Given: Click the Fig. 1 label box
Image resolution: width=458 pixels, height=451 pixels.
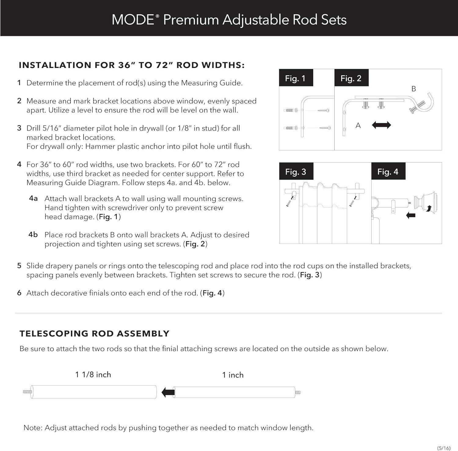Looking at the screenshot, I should [295, 78].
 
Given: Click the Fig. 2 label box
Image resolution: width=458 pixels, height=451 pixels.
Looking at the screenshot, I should [351, 78].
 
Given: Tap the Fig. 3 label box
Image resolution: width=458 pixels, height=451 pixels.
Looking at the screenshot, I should [296, 171].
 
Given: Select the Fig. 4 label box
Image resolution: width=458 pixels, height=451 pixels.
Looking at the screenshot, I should [388, 171].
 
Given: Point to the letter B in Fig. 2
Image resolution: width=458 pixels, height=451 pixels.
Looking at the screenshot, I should [414, 89].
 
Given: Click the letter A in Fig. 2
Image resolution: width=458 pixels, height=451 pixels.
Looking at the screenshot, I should [358, 125].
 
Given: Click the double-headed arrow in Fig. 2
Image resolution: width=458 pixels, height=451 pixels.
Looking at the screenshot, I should [381, 125].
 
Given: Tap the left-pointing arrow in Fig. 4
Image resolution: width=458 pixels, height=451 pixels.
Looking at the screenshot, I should [411, 215].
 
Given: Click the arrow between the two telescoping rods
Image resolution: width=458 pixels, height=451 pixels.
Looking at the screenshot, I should [168, 392].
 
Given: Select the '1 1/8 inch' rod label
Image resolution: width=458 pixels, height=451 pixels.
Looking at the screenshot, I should [93, 374].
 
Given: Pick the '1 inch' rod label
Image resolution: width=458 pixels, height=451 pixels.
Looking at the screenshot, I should [233, 375].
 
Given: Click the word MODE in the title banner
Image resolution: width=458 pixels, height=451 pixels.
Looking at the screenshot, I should [133, 20].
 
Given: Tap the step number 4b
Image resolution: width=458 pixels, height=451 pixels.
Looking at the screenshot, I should [33, 235].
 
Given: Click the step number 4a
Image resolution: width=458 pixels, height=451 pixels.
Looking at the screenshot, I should [33, 198].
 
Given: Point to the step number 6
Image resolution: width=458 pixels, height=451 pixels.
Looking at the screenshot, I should [19, 293].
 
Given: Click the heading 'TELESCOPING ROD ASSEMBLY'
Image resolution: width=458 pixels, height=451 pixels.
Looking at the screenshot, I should [94, 334].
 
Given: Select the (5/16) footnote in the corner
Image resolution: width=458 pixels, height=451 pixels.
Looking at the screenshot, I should [444, 448].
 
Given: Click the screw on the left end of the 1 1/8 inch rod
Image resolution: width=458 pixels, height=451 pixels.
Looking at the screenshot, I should [27, 392].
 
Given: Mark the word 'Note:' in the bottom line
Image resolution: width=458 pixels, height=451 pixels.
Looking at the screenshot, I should [33, 428].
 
